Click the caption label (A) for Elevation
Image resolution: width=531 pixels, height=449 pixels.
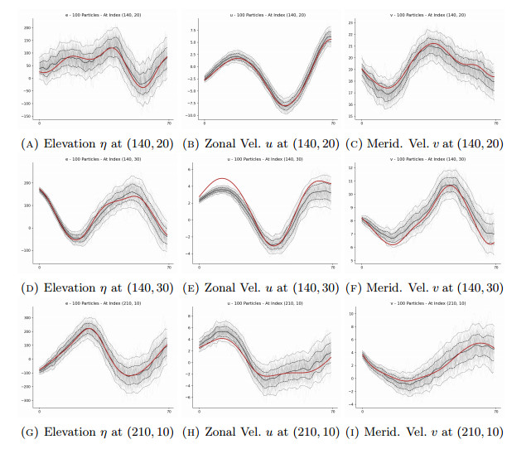coord(29,144)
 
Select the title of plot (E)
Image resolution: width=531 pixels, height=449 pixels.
coord(267,160)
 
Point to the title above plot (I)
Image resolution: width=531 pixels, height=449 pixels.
coord(431,304)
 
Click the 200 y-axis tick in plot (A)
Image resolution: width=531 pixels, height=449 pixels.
coord(27,27)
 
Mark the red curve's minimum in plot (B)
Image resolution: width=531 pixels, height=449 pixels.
coord(287,105)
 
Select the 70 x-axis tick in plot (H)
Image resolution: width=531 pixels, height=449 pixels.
coord(333,411)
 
